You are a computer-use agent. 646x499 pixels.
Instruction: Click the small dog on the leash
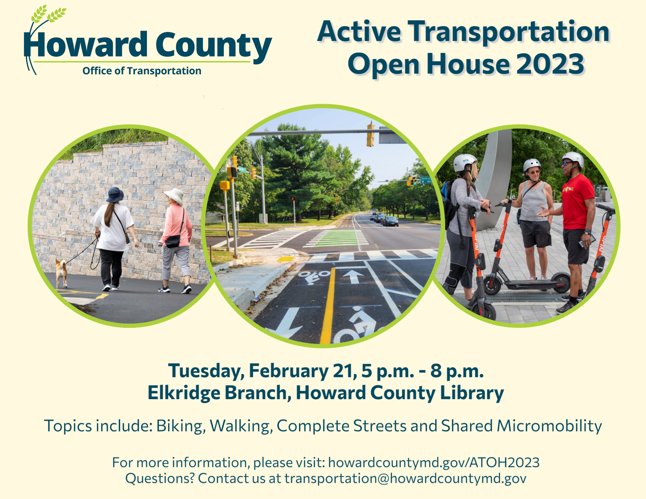click(61, 273)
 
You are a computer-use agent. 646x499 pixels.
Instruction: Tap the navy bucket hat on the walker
click(115, 194)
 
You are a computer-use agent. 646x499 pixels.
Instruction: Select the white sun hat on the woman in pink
click(174, 196)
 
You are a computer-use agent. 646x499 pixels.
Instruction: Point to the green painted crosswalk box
click(336, 238)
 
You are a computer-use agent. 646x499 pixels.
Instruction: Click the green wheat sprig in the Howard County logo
click(48, 15)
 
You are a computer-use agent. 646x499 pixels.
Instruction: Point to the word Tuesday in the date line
click(206, 371)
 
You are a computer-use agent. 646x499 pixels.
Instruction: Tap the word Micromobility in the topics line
click(549, 426)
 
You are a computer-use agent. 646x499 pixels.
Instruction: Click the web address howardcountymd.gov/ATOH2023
click(434, 463)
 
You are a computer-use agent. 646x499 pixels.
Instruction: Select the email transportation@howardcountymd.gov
click(405, 478)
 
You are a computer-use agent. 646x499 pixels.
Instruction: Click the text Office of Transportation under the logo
click(142, 71)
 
